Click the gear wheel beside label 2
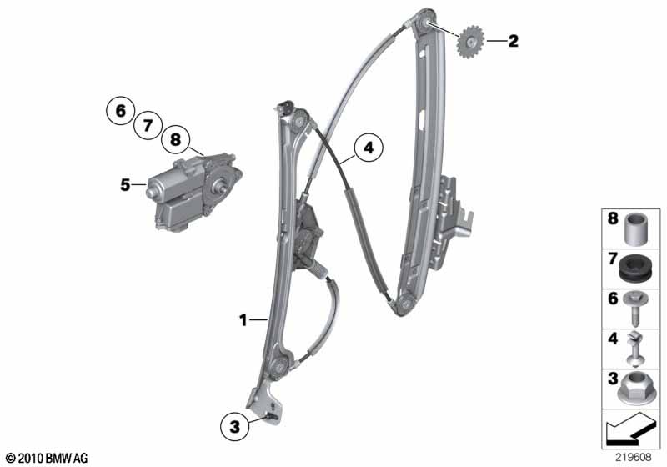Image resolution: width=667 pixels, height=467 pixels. point(470,42)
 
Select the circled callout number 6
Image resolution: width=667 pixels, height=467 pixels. point(121,111)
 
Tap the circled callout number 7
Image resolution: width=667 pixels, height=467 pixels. point(148,125)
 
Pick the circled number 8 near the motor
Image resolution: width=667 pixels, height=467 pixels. point(175,139)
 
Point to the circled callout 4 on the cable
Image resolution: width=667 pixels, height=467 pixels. point(369,148)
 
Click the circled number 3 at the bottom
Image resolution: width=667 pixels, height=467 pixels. point(235,426)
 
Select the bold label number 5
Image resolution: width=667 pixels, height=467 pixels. point(125,185)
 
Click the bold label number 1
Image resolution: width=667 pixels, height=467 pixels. point(243,320)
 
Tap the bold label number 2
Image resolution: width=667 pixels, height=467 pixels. point(514,41)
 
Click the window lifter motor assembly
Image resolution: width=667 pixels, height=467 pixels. point(193,192)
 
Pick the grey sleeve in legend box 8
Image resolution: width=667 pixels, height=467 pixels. point(636,228)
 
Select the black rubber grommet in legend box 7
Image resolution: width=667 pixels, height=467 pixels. point(636,268)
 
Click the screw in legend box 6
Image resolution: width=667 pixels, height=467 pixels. point(635,308)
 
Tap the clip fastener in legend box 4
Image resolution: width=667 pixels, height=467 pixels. point(635,349)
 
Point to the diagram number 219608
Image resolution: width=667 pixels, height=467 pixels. point(634,457)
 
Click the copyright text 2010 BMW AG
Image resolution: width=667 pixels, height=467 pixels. point(47,458)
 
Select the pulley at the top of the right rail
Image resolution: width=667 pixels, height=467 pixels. point(424,23)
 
